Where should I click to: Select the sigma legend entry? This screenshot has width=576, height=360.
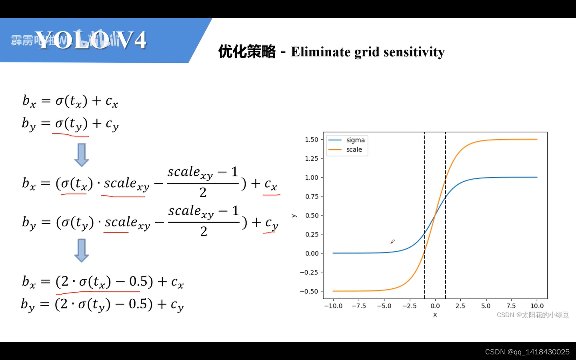355,140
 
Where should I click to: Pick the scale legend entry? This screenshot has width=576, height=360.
354,150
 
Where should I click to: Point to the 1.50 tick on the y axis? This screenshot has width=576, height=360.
312,140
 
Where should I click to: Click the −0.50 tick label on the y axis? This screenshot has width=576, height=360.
309,292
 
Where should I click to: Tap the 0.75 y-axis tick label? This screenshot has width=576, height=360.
312,196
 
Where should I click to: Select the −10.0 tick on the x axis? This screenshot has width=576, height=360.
333,306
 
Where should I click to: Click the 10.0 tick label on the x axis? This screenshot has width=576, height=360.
537,306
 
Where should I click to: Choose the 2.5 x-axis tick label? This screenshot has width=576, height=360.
460,306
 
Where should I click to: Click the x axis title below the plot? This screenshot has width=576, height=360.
435,315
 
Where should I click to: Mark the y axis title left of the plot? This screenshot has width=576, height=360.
294,216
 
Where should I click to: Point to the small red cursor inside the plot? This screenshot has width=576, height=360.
392,241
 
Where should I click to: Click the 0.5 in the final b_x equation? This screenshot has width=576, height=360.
138,282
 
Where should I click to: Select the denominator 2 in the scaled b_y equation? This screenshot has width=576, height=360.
204,232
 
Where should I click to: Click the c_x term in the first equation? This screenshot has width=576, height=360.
112,102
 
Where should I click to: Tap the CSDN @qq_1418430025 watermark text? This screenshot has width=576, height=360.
527,352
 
